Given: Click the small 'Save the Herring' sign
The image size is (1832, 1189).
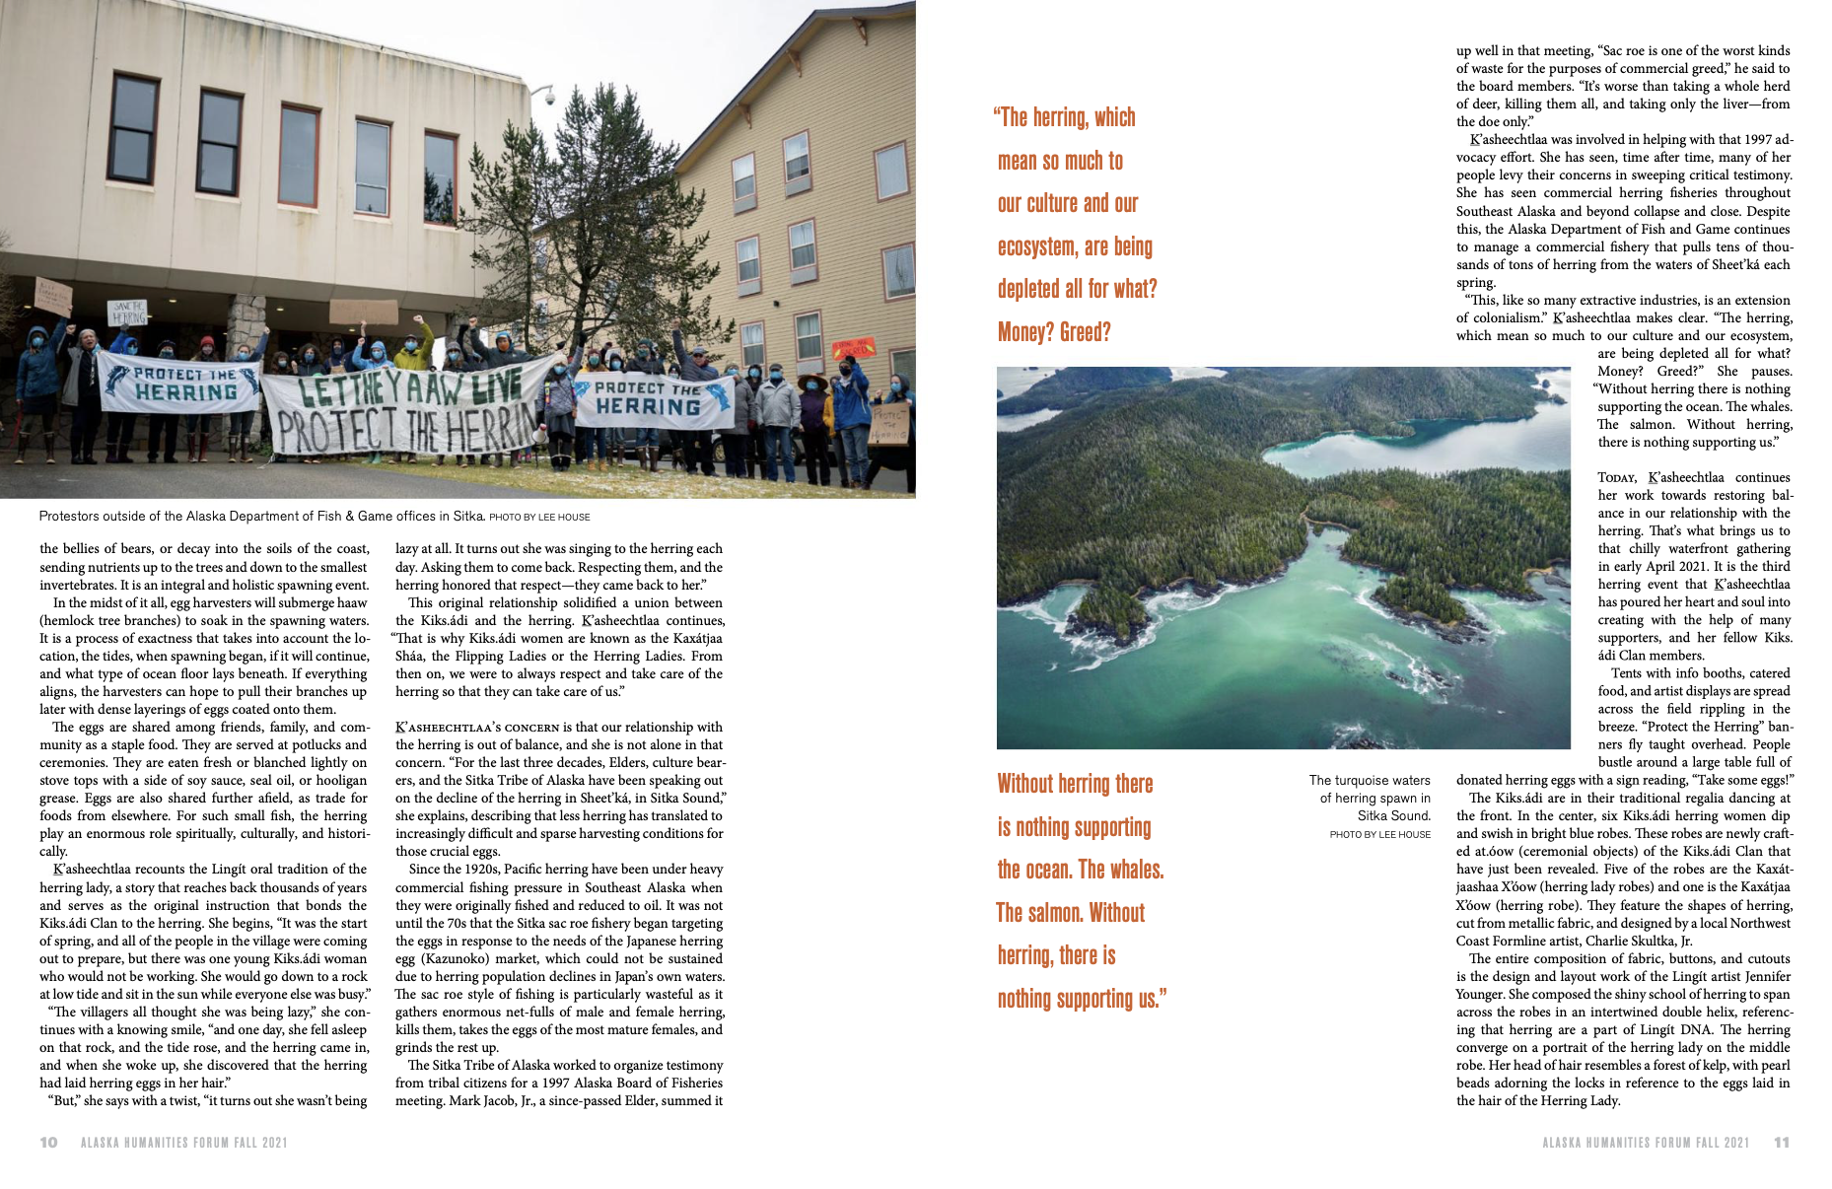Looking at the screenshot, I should pos(128,313).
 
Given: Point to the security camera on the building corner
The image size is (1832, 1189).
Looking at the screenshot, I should pos(548,97).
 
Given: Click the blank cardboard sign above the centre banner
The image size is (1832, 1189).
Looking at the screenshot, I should pos(364,313).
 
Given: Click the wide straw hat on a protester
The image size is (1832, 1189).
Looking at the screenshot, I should pos(814,381).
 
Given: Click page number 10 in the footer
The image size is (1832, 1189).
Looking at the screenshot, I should pos(49,1142).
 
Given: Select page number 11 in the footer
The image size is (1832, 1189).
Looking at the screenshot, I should pos(1781,1142).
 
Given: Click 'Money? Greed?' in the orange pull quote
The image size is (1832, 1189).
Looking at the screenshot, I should pos(1054,332).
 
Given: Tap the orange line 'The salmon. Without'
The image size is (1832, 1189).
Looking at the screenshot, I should pos(1070,913).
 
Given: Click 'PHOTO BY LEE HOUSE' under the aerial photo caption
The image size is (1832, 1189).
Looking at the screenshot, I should pos(1379,834).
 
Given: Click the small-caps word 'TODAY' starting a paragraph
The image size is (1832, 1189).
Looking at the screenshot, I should pos(1617,477).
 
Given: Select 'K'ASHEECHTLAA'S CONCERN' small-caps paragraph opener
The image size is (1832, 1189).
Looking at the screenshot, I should pos(477,727).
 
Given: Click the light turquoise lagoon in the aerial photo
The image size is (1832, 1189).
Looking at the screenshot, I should pos(1351,449).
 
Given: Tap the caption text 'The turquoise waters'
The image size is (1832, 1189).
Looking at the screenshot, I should pos(1370,780).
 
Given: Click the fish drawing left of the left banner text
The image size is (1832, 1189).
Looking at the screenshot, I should pos(118,382).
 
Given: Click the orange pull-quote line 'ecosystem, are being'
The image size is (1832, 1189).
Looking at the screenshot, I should pos(1075,246).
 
